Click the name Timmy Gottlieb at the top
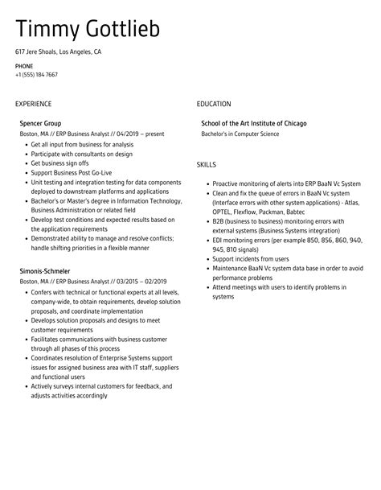tap(88, 30)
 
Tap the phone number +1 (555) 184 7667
tap(36, 75)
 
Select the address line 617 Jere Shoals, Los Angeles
tap(58, 51)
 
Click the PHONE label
tap(24, 65)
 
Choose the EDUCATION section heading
tap(214, 104)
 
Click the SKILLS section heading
tap(207, 164)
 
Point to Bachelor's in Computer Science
tap(240, 134)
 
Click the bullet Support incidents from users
tap(252, 259)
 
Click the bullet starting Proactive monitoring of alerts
tap(286, 183)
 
